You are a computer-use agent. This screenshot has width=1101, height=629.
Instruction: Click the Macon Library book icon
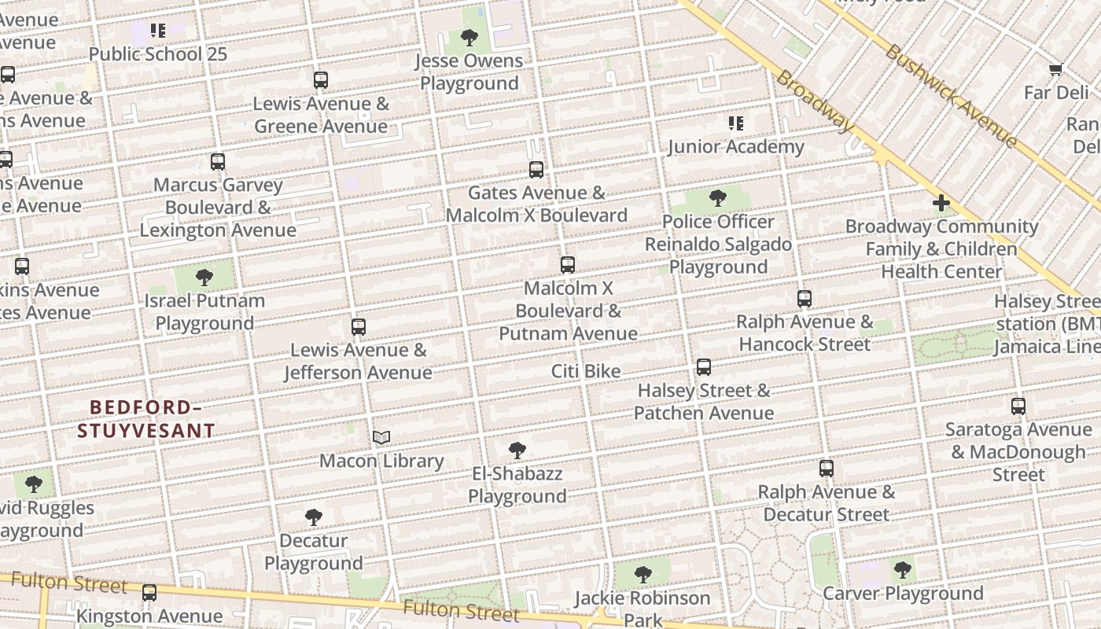(x=381, y=438)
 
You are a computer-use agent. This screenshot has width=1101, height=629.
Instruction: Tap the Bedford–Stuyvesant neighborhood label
(x=145, y=418)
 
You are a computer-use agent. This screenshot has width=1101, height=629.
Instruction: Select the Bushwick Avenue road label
(x=951, y=96)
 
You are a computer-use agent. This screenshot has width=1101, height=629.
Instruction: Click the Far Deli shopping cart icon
(x=1056, y=70)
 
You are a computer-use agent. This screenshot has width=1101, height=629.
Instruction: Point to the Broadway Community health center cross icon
(x=941, y=204)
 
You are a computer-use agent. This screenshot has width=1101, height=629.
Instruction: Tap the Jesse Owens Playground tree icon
(x=469, y=37)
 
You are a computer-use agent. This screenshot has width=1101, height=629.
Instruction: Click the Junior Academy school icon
(x=736, y=123)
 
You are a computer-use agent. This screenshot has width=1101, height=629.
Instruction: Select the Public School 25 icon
(x=158, y=31)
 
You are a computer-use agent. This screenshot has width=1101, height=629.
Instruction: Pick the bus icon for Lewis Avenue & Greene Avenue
(x=320, y=80)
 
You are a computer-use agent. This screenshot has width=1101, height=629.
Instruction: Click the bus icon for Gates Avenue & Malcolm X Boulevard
(x=536, y=170)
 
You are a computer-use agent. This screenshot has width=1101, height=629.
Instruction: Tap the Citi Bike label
(x=586, y=371)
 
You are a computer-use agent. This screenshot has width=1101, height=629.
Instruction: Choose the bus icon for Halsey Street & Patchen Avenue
(x=704, y=367)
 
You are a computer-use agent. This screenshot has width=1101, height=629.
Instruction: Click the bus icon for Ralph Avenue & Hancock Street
(x=805, y=299)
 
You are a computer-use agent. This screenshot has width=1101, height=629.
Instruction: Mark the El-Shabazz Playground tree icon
(x=517, y=451)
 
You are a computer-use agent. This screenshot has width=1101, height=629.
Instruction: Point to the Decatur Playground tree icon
(x=313, y=517)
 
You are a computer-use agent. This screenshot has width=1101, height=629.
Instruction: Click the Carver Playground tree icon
(x=903, y=569)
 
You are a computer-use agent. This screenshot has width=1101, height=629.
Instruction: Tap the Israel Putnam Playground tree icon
(x=204, y=278)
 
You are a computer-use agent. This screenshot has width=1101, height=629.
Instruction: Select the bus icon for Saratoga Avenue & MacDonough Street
(x=1018, y=406)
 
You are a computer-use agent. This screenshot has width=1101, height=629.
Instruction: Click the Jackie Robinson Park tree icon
(x=643, y=575)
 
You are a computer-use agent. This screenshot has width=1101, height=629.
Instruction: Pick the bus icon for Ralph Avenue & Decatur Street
(x=827, y=469)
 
